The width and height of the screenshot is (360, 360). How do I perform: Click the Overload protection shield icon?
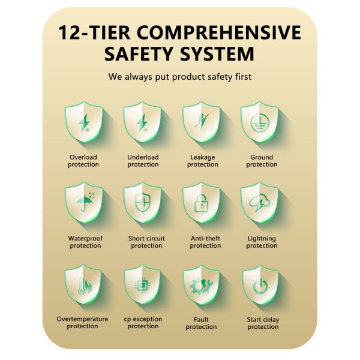(x=84, y=122)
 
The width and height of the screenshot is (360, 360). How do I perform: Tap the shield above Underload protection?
(x=142, y=122)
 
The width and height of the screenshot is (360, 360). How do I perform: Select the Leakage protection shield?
(x=202, y=122)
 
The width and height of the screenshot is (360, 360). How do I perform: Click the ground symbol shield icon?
(x=259, y=122)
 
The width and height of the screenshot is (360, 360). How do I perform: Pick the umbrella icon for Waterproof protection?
(x=86, y=202)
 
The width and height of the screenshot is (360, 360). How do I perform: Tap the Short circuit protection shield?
(x=142, y=203)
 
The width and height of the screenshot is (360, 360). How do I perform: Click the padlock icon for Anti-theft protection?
(x=202, y=203)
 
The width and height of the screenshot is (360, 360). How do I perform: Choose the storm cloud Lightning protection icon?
(x=259, y=202)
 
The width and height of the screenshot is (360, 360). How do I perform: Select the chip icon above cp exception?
(x=142, y=286)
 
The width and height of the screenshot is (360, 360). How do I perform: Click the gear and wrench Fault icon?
(x=202, y=286)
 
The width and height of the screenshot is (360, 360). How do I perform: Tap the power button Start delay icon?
(x=260, y=286)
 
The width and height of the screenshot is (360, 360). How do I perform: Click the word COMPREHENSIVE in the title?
(x=219, y=33)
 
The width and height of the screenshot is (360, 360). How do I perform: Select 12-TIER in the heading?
(x=94, y=33)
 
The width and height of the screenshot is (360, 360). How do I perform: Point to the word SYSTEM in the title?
(x=217, y=54)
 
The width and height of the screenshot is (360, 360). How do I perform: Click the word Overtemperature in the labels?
(x=82, y=319)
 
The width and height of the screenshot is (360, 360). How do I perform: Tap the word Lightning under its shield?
(x=262, y=239)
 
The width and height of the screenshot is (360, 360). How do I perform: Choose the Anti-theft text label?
(x=205, y=238)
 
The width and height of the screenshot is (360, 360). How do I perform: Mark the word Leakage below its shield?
(x=203, y=157)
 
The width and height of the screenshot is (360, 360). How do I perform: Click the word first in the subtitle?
(x=244, y=76)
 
